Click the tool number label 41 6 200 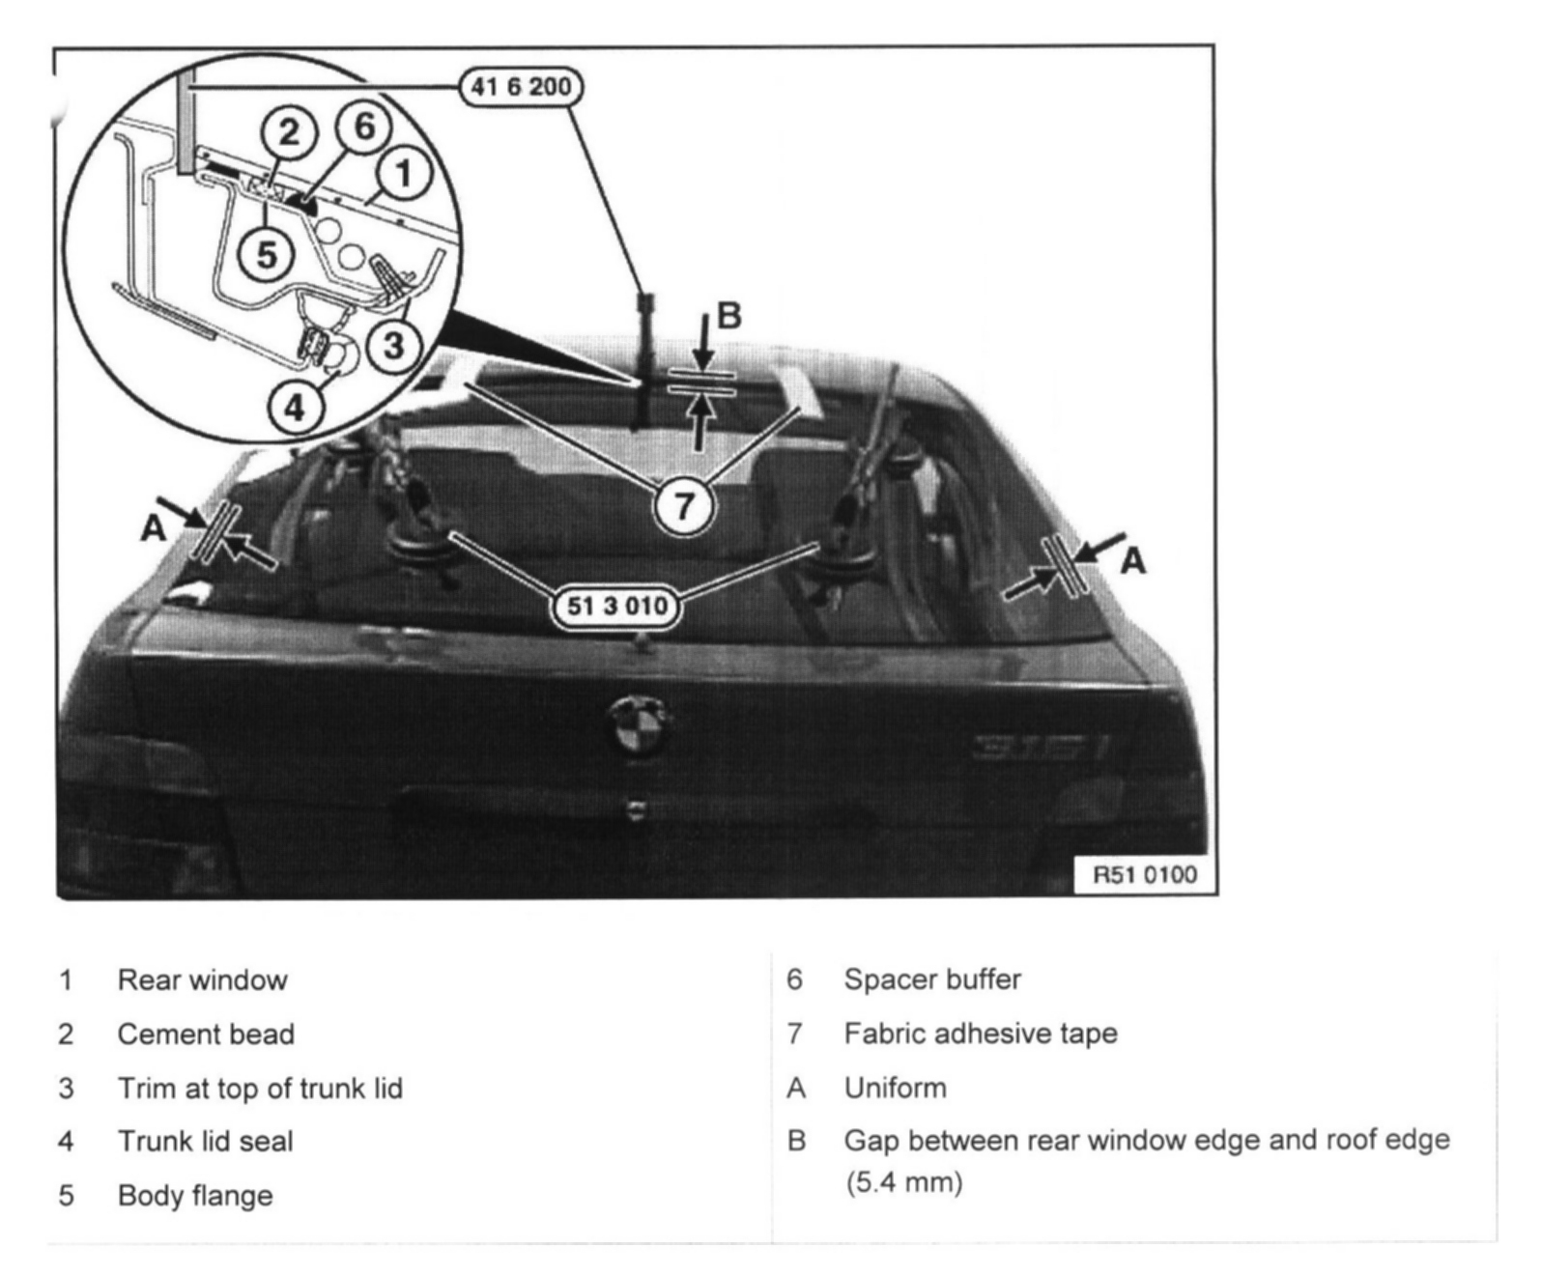521,87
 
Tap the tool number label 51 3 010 616,607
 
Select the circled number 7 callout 684,504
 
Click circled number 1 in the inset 403,174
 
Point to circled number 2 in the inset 289,131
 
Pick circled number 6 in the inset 363,127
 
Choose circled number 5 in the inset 266,254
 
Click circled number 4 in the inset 295,407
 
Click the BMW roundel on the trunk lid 638,726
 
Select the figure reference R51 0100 1144,875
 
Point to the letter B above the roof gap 728,316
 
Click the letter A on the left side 154,529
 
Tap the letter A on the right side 1132,560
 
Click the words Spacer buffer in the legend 932,979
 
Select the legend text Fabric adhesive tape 981,1034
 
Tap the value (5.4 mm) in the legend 903,1182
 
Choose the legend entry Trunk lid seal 205,1142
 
